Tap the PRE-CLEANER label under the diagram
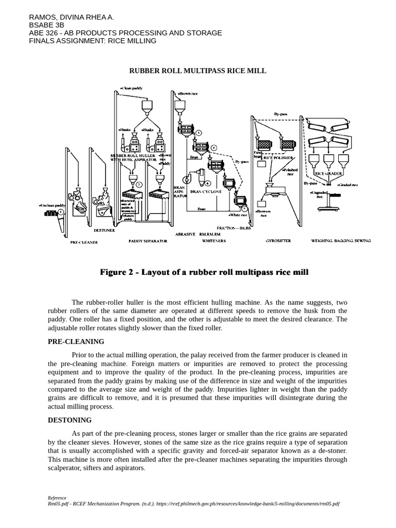[84, 241]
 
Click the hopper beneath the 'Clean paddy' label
[145, 106]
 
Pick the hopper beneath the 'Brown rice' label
[180, 106]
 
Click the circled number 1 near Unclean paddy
[61, 211]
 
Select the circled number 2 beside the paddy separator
[139, 184]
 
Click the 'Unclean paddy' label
[51, 205]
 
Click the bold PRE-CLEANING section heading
[76, 341]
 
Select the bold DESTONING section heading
[70, 420]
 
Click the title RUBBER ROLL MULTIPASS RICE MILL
[197, 71]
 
